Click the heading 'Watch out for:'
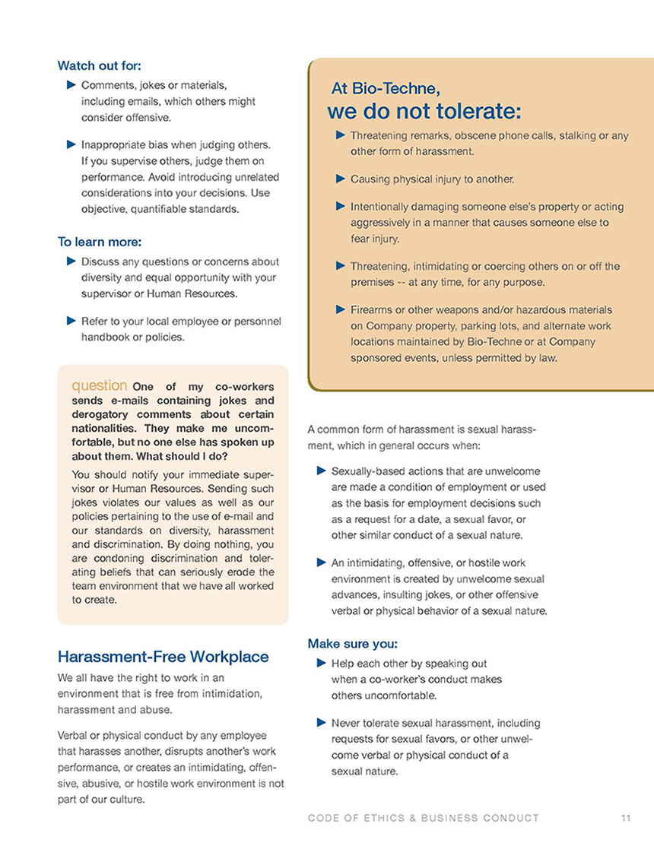click(x=99, y=65)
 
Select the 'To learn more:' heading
click(x=100, y=242)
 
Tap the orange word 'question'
click(x=99, y=385)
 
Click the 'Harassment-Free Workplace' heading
click(x=163, y=656)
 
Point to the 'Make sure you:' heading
click(x=349, y=644)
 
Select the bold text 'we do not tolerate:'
click(x=424, y=112)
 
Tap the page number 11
click(x=626, y=818)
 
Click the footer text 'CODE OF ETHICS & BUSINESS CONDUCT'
click(x=424, y=818)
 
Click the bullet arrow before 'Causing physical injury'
click(x=340, y=179)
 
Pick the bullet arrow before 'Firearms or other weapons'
click(x=340, y=309)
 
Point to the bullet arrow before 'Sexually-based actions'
click(x=322, y=471)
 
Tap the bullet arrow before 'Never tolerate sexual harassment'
click(x=322, y=722)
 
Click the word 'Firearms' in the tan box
click(x=372, y=310)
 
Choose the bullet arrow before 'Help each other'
click(x=322, y=663)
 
